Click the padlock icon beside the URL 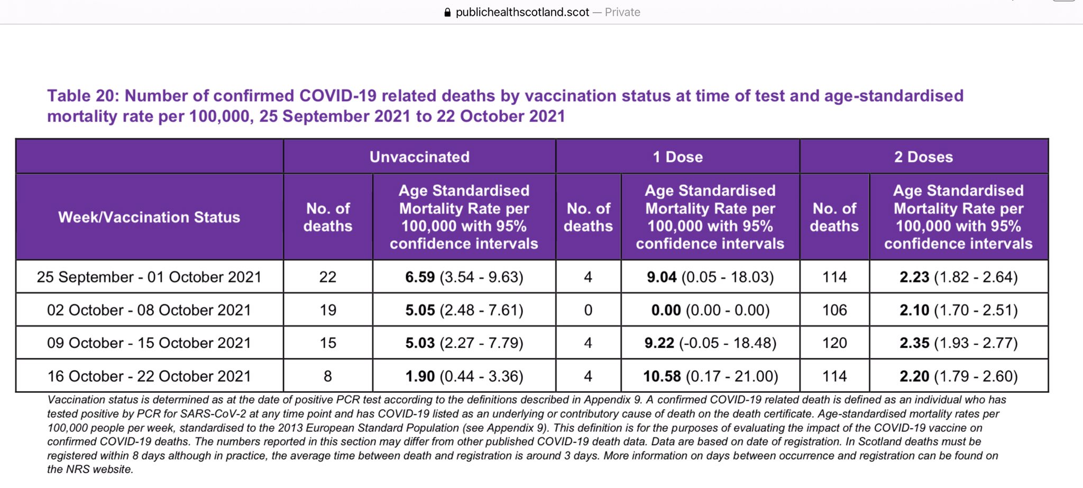pyautogui.click(x=447, y=12)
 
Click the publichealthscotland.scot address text pyautogui.click(x=522, y=12)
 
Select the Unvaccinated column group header pyautogui.click(x=419, y=157)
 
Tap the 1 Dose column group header pyautogui.click(x=677, y=157)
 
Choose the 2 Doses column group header pyautogui.click(x=923, y=157)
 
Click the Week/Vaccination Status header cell pyautogui.click(x=149, y=217)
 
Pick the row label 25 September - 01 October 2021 pyautogui.click(x=149, y=277)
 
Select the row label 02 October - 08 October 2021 pyautogui.click(x=149, y=310)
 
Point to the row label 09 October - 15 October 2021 pyautogui.click(x=149, y=343)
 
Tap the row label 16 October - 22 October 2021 pyautogui.click(x=149, y=376)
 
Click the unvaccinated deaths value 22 pyautogui.click(x=327, y=277)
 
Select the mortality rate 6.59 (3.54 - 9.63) pyautogui.click(x=464, y=277)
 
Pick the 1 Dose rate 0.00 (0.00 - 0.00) pyautogui.click(x=710, y=310)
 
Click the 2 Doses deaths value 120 pyautogui.click(x=834, y=343)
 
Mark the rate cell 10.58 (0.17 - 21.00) pyautogui.click(x=710, y=376)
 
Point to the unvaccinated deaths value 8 pyautogui.click(x=327, y=376)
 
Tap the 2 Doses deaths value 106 pyautogui.click(x=834, y=310)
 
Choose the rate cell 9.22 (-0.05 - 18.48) pyautogui.click(x=710, y=343)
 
